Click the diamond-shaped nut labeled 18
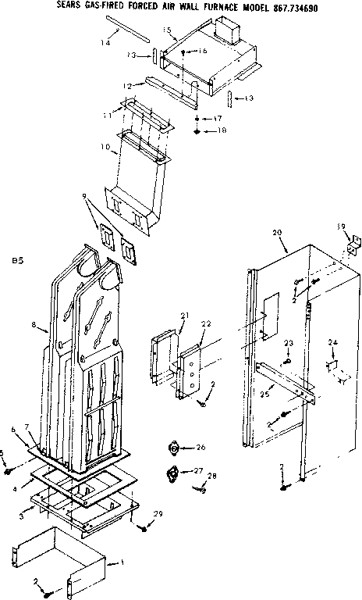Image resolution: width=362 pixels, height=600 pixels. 196,131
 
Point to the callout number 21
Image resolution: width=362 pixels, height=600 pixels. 184,315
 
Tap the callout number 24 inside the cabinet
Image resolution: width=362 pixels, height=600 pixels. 333,341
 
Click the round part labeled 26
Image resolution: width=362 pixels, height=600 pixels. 172,448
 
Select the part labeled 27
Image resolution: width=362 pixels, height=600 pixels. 171,473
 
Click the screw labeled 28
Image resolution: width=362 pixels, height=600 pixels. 202,489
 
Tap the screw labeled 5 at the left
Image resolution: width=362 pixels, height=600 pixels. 9,472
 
